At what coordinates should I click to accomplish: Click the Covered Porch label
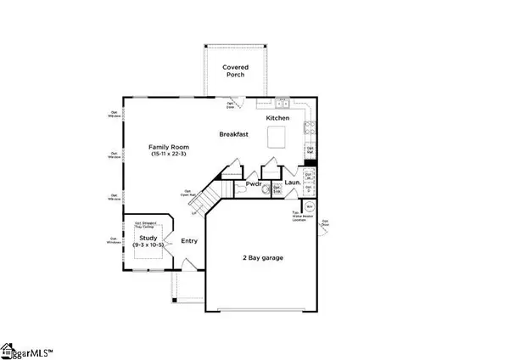233,70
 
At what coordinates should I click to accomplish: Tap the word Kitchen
278,117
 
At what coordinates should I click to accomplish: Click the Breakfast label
233,134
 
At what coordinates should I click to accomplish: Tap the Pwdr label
253,183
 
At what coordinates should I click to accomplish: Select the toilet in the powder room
266,190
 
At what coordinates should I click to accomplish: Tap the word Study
148,239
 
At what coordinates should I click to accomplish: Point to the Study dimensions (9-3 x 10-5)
148,247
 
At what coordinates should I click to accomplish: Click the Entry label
189,241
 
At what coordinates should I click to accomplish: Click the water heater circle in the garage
309,206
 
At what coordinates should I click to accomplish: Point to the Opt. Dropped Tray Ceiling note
148,225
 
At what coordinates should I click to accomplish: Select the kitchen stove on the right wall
310,129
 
